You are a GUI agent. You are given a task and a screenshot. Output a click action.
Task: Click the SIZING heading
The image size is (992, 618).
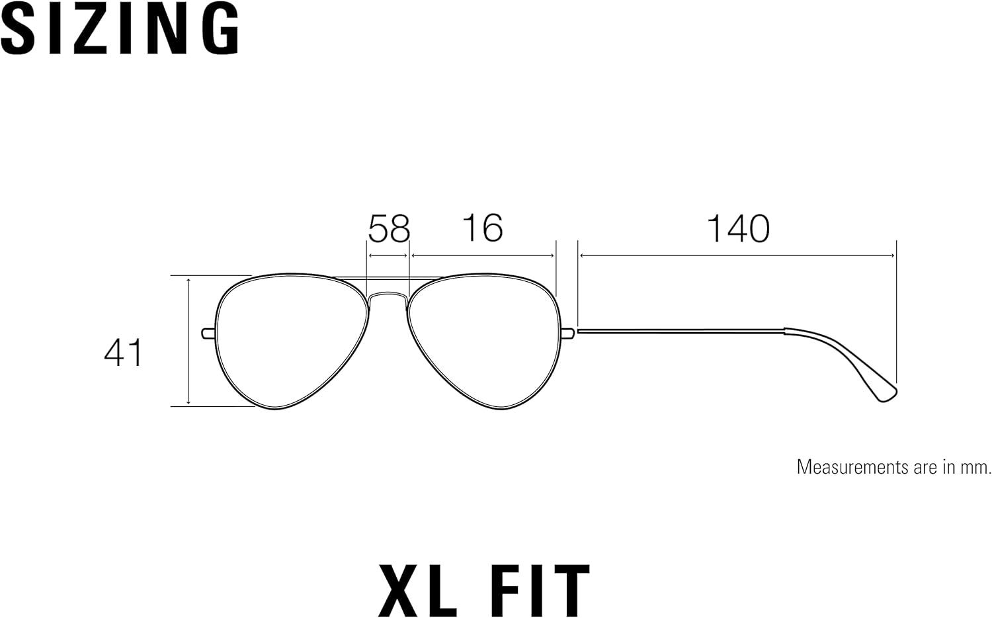tap(120, 28)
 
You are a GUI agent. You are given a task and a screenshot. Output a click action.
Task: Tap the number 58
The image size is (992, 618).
tap(390, 228)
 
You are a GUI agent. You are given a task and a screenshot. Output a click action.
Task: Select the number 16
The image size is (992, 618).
tap(483, 228)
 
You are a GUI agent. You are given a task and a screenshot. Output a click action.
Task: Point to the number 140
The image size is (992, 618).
tap(738, 228)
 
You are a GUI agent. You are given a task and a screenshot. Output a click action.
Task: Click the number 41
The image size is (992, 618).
tap(123, 352)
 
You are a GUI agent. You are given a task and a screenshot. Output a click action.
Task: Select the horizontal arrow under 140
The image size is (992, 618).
tap(737, 255)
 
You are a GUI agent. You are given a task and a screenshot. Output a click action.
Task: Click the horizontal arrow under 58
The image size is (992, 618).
tap(388, 255)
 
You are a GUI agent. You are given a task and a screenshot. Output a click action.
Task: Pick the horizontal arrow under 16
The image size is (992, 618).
tap(483, 255)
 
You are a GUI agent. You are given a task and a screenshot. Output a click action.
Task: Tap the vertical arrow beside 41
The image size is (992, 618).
tap(188, 341)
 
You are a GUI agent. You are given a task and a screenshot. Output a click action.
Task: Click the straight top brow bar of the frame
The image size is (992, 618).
tap(388, 279)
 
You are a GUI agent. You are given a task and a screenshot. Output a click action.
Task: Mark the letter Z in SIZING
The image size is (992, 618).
tap(106, 28)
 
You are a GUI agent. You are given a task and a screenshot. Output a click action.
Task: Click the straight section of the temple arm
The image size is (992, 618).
tap(681, 330)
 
